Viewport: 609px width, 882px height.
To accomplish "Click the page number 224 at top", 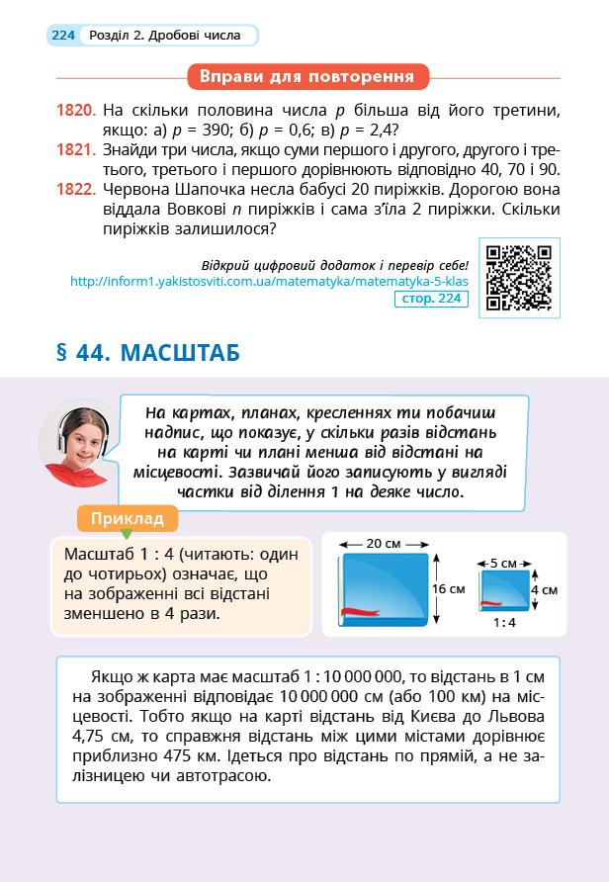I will coord(63,36).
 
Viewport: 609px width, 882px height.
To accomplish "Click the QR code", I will coord(519,278).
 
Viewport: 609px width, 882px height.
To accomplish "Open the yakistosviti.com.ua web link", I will coord(268,281).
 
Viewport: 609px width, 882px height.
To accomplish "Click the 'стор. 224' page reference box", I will coord(430,298).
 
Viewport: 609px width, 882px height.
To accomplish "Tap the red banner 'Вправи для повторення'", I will coord(306,76).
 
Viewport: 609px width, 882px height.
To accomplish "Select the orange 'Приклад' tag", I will coord(127,518).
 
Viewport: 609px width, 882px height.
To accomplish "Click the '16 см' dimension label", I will coord(450,588).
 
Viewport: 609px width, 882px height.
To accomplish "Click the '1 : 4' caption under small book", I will coord(504,623).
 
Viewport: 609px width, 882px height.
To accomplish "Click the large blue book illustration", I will coord(385,589).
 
